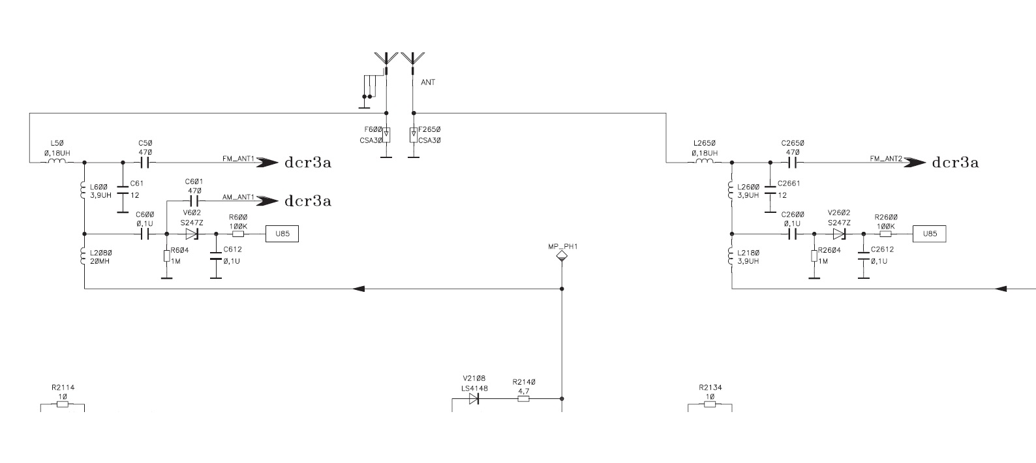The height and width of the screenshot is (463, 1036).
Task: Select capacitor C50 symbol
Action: pos(145,162)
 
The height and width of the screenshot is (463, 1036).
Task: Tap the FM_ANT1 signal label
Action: pos(238,159)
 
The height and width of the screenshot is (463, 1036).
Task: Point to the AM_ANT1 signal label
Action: pos(238,197)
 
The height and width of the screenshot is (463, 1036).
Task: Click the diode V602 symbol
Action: pos(191,234)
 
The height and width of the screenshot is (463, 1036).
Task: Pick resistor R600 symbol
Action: pos(238,234)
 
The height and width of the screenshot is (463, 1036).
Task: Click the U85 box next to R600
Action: pos(282,234)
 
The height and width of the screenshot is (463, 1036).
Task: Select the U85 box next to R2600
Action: pos(929,234)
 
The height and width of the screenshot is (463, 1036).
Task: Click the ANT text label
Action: pos(428,83)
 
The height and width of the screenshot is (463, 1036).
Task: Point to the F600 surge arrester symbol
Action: pos(386,135)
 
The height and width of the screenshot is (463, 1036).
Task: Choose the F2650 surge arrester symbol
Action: pos(413,135)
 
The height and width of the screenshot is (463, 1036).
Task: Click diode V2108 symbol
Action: pos(474,398)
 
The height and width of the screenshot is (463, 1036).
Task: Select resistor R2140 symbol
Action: pos(523,398)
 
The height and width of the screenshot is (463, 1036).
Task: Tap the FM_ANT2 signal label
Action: pos(885,159)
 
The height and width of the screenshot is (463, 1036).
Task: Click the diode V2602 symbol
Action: pos(839,234)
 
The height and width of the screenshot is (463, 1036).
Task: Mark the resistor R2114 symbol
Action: pos(63,404)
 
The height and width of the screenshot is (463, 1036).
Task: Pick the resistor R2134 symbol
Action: pos(710,404)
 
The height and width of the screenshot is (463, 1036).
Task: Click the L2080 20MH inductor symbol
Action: pos(84,256)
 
